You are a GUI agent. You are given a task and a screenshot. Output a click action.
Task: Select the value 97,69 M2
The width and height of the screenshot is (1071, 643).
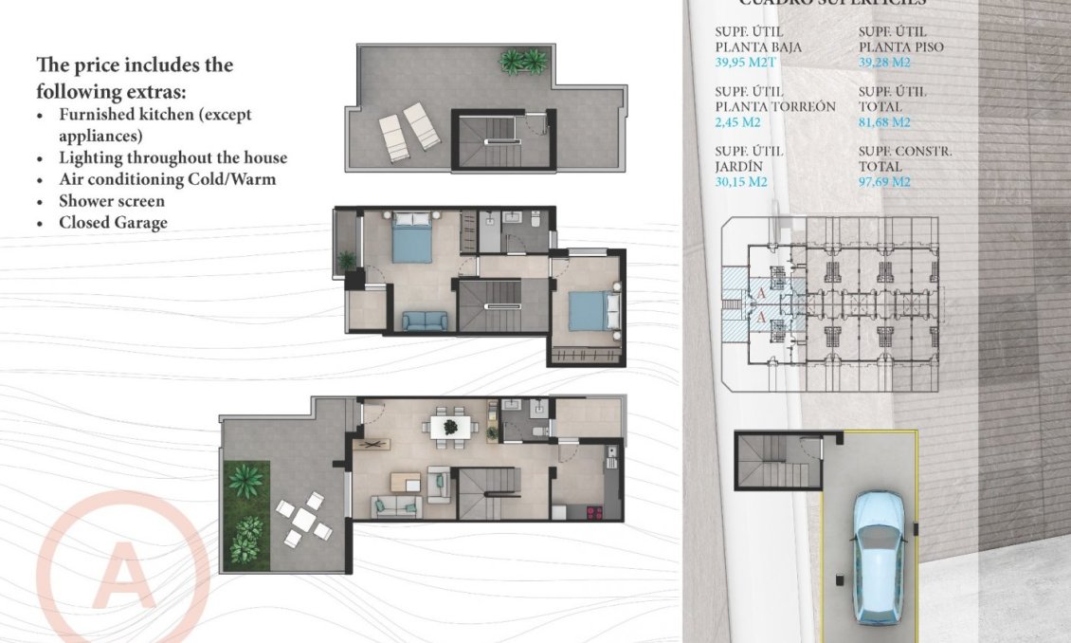click(884, 181)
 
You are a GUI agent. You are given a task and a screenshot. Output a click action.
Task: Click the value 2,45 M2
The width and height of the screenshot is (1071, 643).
click(739, 122)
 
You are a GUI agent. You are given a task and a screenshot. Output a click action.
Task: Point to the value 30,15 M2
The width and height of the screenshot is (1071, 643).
click(741, 181)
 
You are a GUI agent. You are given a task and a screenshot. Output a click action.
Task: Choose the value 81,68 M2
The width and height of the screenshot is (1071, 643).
click(884, 122)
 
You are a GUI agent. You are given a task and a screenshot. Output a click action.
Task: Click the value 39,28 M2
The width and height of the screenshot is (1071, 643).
click(884, 63)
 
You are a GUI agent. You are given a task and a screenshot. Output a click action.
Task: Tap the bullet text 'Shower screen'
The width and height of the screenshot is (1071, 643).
click(111, 201)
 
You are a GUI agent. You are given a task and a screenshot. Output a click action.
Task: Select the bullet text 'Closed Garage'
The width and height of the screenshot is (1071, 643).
click(113, 223)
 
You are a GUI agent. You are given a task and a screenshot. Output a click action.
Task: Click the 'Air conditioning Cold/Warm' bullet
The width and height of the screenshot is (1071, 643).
click(167, 179)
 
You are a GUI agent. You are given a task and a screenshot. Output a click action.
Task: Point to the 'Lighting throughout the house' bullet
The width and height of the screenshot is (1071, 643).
click(172, 157)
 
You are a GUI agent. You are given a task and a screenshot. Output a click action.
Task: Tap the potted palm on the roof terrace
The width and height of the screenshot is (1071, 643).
click(523, 63)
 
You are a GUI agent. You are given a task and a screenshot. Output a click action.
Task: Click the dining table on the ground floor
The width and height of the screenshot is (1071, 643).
click(449, 427)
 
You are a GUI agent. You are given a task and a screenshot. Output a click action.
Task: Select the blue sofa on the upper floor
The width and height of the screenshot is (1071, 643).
click(425, 321)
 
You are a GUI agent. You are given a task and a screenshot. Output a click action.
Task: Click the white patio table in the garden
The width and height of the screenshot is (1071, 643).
click(302, 519)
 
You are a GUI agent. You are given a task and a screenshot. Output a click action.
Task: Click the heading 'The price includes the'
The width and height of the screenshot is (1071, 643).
click(135, 65)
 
